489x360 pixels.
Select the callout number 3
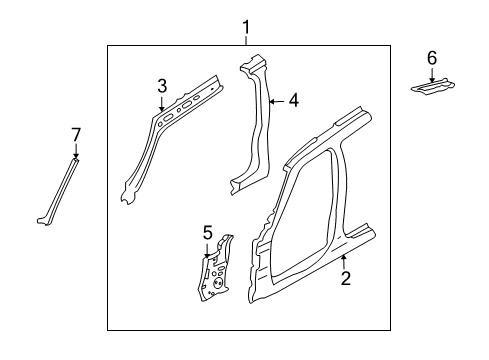click(162, 88)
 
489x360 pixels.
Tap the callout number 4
click(293, 100)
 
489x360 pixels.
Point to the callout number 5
click(208, 261)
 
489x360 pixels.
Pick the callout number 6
click(432, 58)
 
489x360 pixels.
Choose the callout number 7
click(75, 134)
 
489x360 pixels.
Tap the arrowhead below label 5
click(208, 283)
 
